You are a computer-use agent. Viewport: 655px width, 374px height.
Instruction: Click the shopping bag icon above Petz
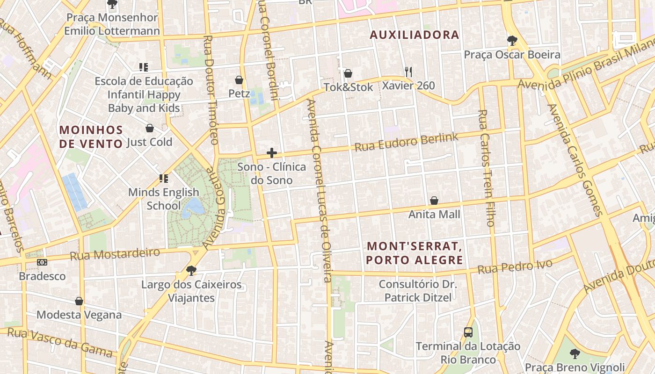[239, 80]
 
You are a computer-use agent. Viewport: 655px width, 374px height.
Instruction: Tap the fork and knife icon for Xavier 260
[408, 72]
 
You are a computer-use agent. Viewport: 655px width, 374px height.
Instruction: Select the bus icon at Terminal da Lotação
[468, 332]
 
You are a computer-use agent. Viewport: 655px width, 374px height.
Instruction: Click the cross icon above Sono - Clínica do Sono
[271, 153]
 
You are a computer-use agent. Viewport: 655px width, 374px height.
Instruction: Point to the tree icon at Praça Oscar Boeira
[512, 41]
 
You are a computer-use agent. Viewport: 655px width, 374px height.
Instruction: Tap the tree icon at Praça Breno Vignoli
[575, 353]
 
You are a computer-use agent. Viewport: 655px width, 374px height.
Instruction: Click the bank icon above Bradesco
[42, 262]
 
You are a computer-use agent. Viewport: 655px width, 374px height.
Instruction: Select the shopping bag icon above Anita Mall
[434, 201]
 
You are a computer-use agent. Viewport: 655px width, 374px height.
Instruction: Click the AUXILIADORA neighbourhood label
[414, 35]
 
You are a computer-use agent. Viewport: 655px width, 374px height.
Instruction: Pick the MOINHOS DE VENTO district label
[91, 137]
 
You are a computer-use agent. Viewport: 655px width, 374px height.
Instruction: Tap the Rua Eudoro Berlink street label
[406, 142]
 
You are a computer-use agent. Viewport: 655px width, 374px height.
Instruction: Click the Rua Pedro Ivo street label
[515, 267]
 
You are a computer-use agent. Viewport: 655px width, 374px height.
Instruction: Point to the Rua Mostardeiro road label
[115, 254]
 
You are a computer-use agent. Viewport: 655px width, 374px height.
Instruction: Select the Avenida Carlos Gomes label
[575, 160]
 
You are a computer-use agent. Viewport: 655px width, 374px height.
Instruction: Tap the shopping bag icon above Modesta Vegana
[79, 301]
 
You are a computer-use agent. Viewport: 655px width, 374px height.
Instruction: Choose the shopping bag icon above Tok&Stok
[348, 73]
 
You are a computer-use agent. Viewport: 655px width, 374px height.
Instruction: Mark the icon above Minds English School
[163, 178]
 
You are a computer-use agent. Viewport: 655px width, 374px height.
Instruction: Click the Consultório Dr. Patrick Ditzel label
[418, 290]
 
